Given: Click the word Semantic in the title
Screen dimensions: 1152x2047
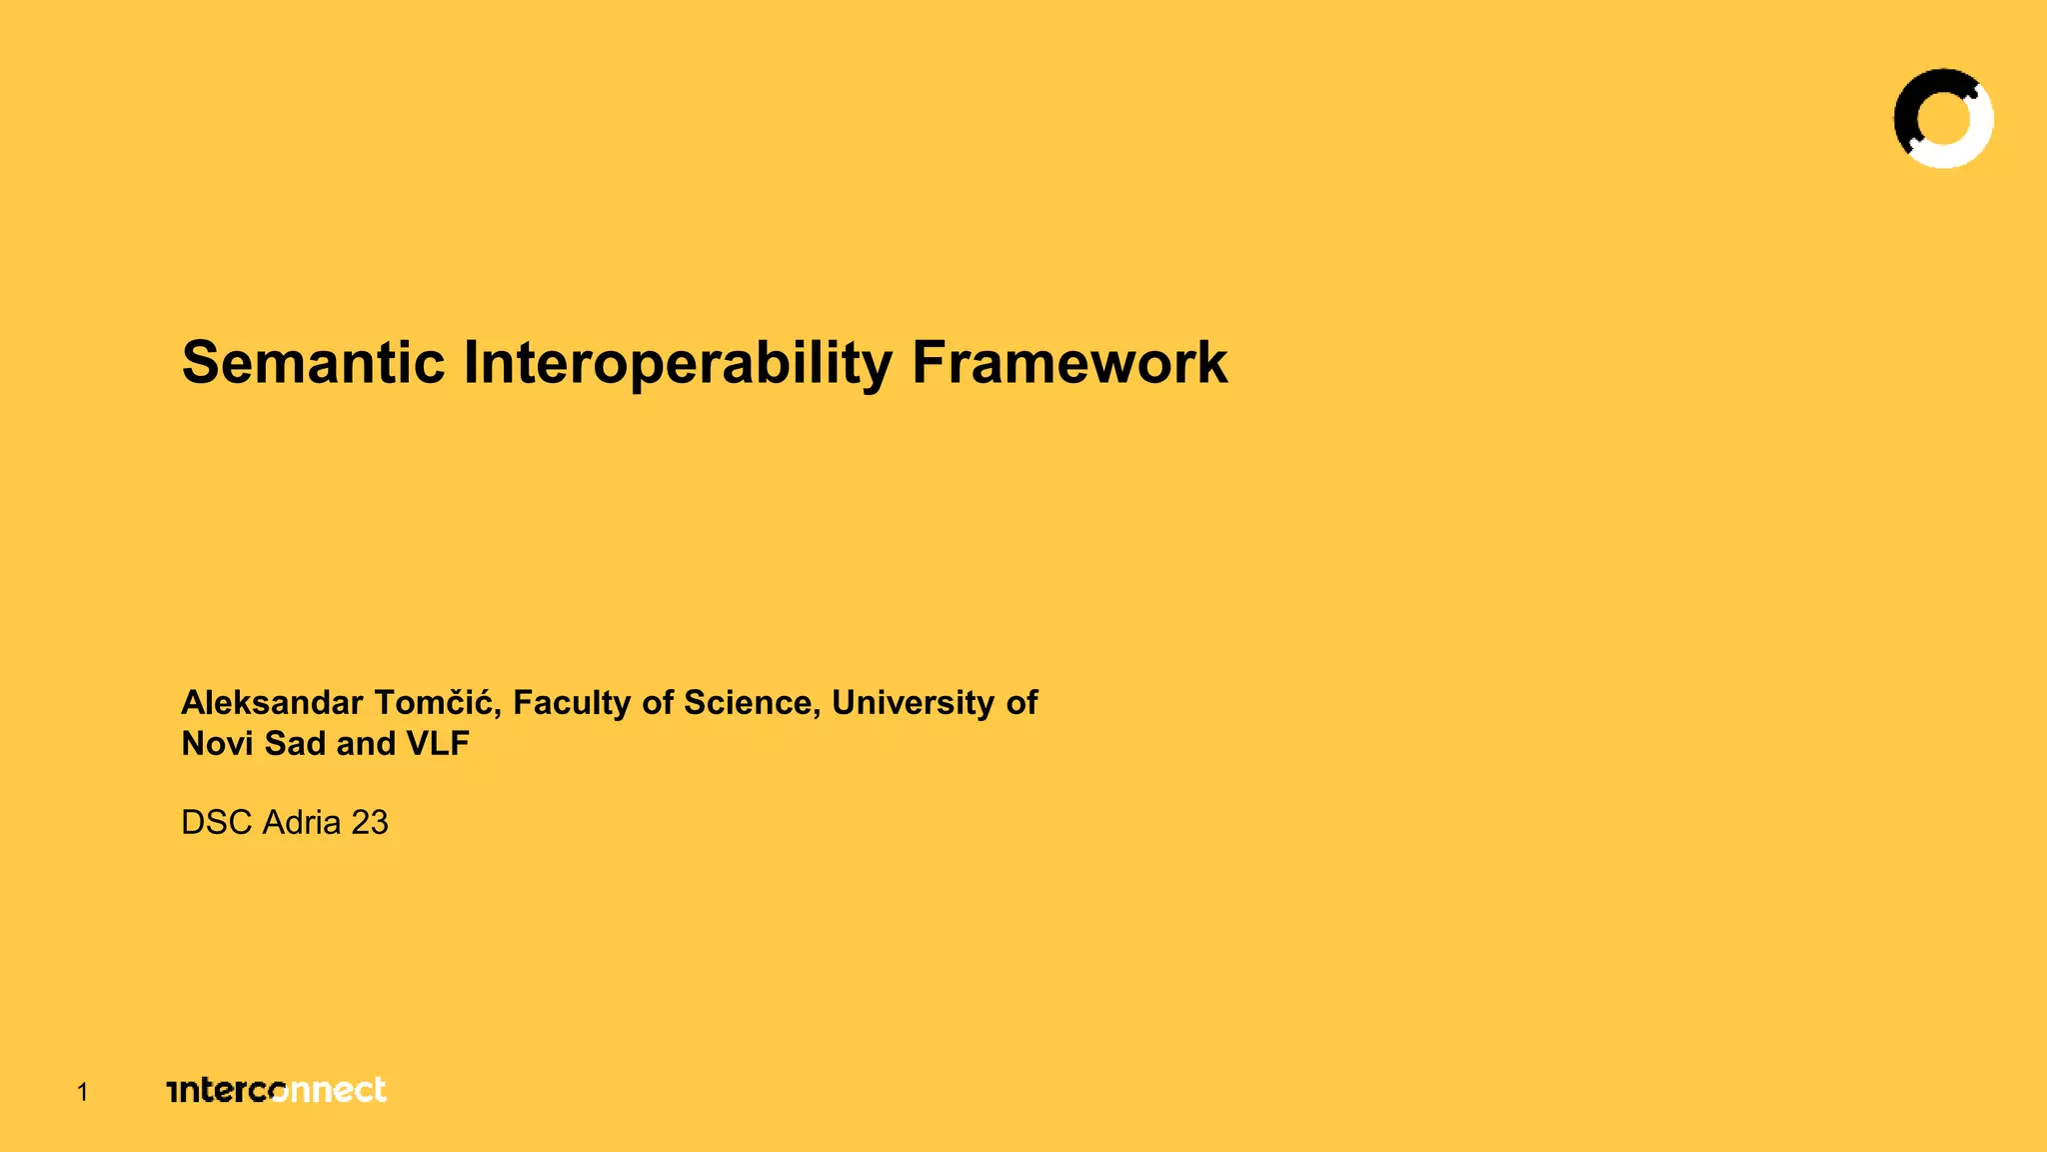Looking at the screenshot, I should click(x=313, y=362).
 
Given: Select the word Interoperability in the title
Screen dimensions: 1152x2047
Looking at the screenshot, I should click(x=677, y=364).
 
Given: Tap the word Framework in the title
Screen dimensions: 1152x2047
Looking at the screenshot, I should click(x=1068, y=362).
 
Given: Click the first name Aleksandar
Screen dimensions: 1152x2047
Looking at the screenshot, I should click(x=271, y=703).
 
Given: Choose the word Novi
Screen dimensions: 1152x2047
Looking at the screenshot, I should click(x=217, y=744).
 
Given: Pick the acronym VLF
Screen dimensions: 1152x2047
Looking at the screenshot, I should click(x=438, y=744).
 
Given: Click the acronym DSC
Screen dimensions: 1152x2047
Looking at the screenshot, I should click(x=216, y=823).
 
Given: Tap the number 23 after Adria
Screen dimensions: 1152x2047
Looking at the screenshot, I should click(x=370, y=823).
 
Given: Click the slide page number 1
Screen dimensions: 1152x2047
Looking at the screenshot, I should click(x=83, y=1093).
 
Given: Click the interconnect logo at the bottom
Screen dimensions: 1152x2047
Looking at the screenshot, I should click(x=277, y=1090).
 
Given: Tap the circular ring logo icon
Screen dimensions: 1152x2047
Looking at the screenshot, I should click(x=1943, y=118).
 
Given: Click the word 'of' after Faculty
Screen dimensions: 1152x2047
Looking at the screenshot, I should click(x=659, y=703).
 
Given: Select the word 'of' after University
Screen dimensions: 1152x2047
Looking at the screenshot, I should click(x=1022, y=703).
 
